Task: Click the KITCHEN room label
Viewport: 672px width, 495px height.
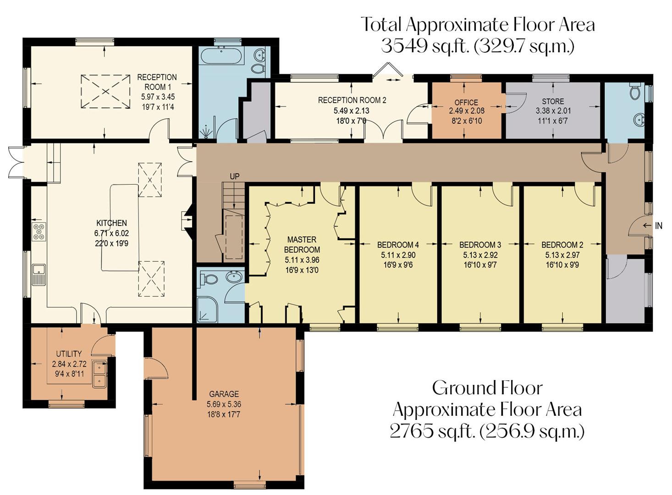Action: (111, 223)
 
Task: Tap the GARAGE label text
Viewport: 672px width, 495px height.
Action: (224, 394)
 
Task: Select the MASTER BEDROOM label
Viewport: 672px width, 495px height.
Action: (302, 245)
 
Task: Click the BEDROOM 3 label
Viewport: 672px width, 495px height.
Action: (480, 245)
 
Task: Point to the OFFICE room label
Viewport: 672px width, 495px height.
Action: (466, 102)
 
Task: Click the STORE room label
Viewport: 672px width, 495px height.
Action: (553, 101)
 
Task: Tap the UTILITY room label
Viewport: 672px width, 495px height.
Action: (69, 354)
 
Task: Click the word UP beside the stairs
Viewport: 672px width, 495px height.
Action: (234, 176)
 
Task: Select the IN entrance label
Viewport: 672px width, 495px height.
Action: (659, 225)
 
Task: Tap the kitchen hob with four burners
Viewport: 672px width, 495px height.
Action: (39, 231)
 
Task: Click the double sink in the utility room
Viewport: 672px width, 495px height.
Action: (99, 374)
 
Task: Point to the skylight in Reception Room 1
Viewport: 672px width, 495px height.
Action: (105, 92)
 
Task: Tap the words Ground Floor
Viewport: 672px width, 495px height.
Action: (487, 388)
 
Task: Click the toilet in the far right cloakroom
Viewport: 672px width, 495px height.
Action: (635, 92)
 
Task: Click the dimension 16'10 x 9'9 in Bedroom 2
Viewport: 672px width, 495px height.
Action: (562, 265)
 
